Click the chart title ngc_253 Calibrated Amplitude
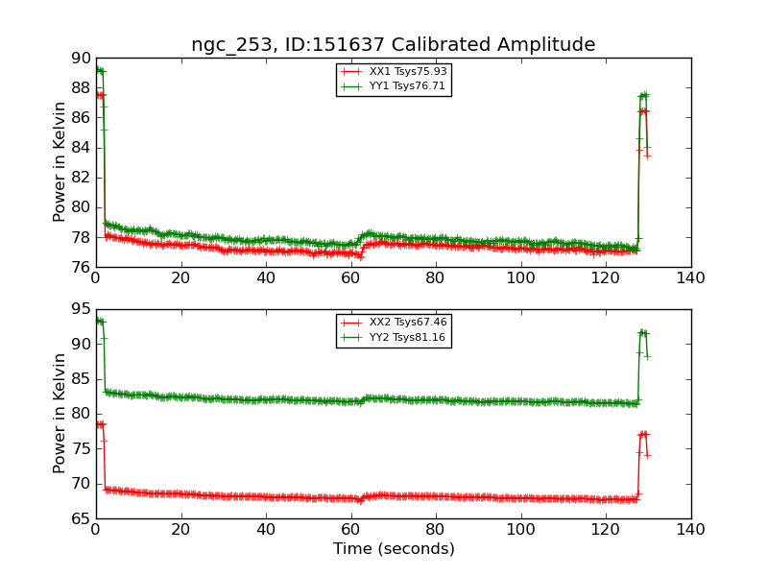tap(393, 44)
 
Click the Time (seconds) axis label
tap(394, 549)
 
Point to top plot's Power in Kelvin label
tap(60, 161)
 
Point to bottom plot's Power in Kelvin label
tap(60, 413)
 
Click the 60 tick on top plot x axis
tap(350, 278)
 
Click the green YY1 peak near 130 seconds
tap(643, 95)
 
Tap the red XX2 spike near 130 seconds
tap(643, 434)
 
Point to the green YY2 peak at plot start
tap(99, 321)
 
